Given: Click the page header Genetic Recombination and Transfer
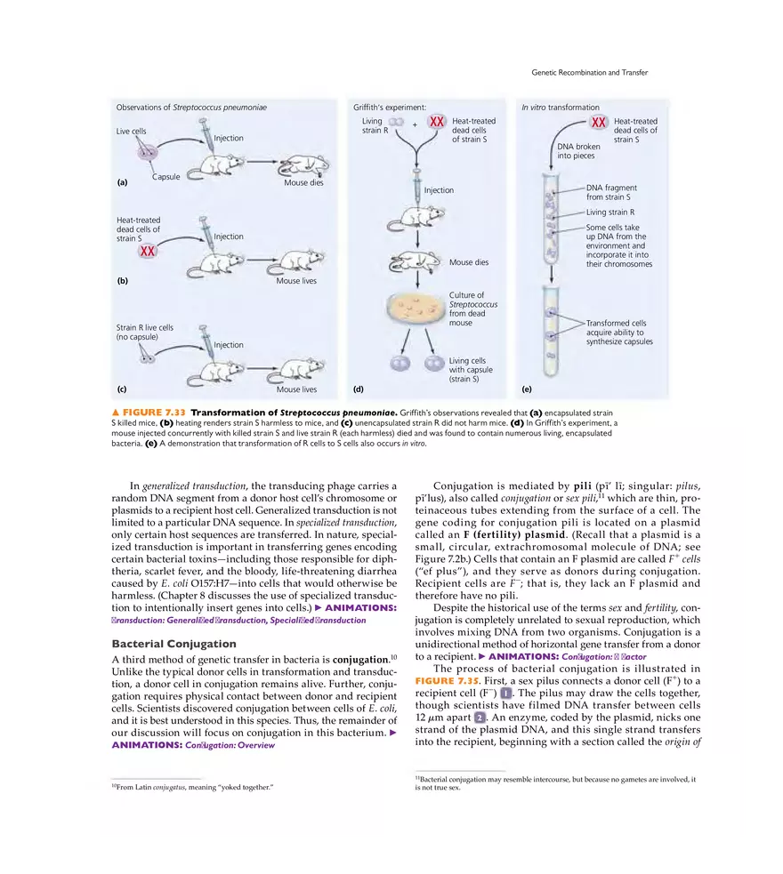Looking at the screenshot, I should pos(589,72).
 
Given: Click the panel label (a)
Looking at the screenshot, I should pos(122,183).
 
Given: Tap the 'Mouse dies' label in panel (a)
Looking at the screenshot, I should pos(303,183).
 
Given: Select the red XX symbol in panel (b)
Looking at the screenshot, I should pos(149,252).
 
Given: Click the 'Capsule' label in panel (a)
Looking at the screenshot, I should pos(165,177).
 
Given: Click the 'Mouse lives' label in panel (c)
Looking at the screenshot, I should pos(296,389).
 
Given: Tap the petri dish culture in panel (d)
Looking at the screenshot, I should pos(415,308).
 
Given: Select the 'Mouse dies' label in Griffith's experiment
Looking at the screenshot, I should pos(468,263).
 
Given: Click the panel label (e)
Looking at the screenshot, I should pos(528,389).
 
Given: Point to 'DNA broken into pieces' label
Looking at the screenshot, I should pos(578,150).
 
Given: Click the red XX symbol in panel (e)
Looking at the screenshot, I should pos(599,122).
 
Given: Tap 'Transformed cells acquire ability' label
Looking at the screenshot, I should pos(618,332).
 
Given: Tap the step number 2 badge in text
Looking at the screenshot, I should pos(480,717).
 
